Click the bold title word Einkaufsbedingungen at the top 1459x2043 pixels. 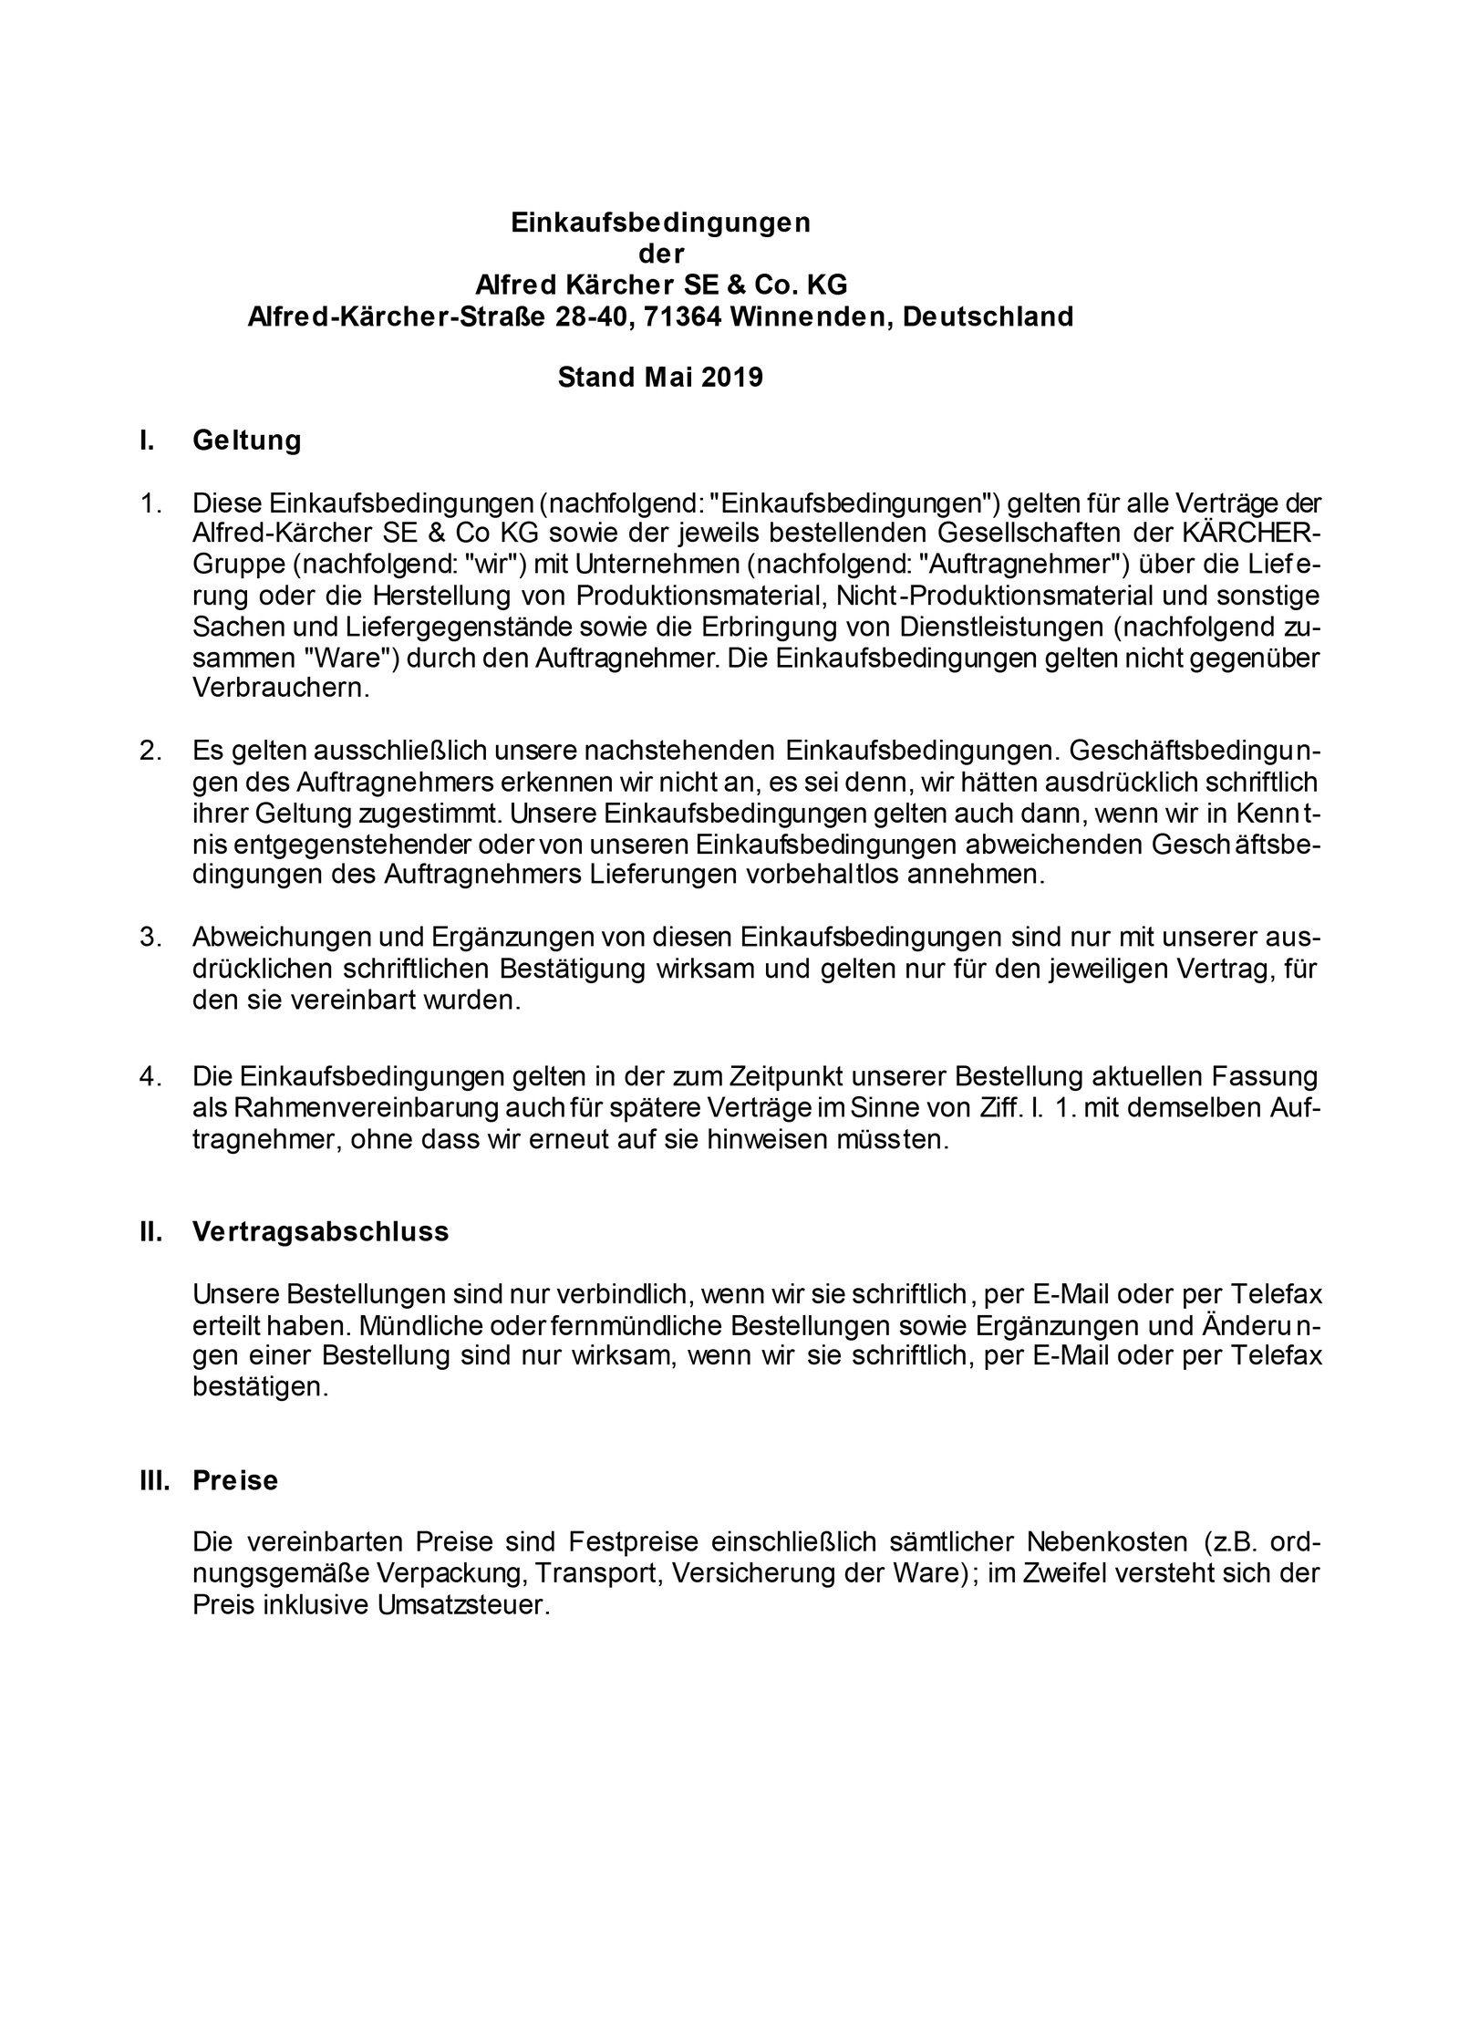point(660,223)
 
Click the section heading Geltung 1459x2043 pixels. point(246,441)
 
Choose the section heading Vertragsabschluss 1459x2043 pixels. point(321,1231)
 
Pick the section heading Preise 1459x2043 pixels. point(235,1479)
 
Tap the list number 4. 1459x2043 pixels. point(150,1076)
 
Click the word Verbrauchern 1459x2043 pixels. point(281,688)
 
